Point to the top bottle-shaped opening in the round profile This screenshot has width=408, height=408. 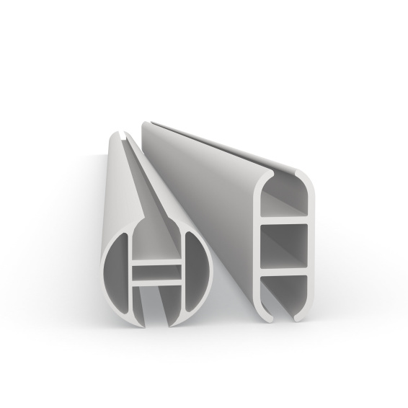point(155,241)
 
